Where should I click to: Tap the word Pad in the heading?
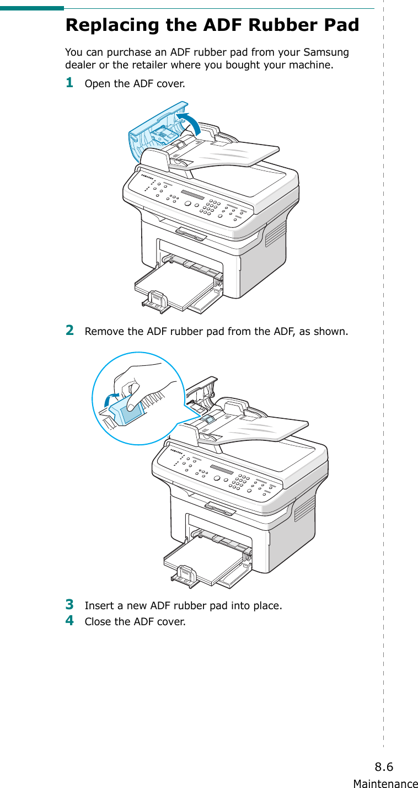point(342,25)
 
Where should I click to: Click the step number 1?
point(69,83)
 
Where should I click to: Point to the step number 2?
point(69,331)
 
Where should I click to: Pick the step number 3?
point(69,604)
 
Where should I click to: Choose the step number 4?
point(69,620)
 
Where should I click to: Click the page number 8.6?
point(384,766)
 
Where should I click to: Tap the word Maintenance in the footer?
point(385,783)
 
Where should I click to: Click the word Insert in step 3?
point(98,606)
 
